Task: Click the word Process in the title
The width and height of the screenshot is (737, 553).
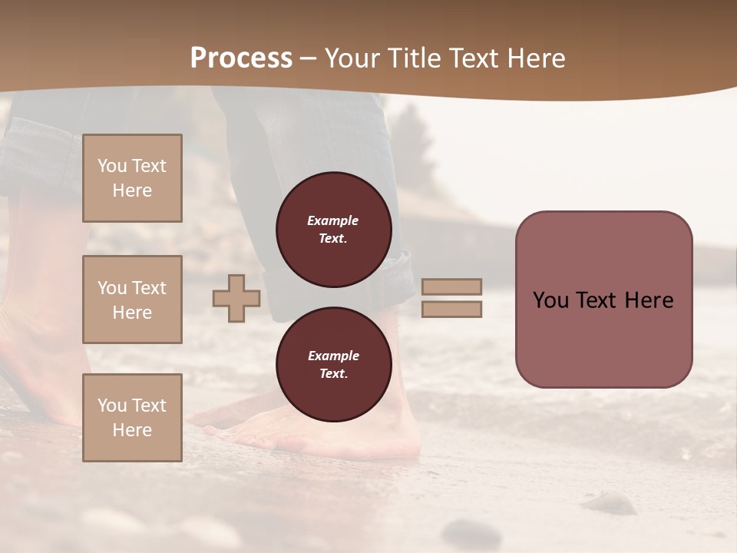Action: click(x=241, y=58)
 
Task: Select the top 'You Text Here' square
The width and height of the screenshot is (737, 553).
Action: click(x=132, y=178)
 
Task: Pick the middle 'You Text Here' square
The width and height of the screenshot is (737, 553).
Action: click(x=132, y=300)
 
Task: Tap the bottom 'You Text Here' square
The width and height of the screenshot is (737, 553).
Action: click(x=132, y=418)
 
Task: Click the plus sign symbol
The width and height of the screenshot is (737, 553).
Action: click(x=236, y=299)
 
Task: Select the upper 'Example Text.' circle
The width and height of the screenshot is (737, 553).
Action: click(x=333, y=230)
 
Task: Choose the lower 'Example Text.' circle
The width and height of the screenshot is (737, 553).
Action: click(x=333, y=365)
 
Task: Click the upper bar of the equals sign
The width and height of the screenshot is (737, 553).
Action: click(x=452, y=287)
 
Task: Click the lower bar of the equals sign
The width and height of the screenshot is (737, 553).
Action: click(x=452, y=310)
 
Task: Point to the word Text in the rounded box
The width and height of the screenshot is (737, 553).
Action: click(x=603, y=300)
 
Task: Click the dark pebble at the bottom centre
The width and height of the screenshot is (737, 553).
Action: click(x=470, y=530)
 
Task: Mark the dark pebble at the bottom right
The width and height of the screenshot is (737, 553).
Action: click(x=610, y=503)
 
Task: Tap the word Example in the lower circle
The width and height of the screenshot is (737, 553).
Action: click(x=333, y=356)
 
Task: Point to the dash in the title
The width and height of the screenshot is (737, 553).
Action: click(x=309, y=58)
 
